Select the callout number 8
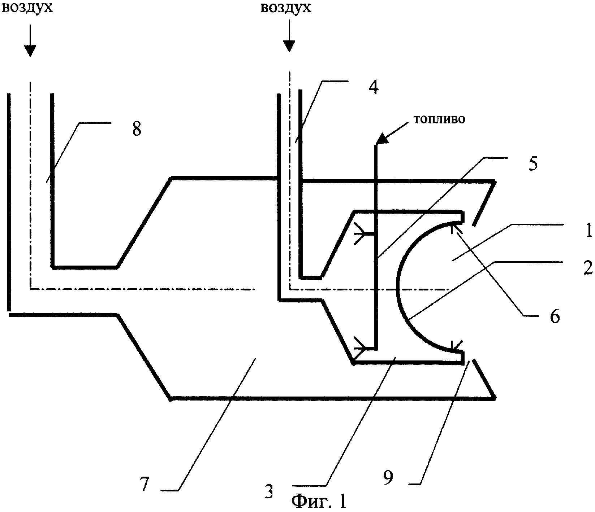click(137, 129)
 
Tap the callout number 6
click(554, 316)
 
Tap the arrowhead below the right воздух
click(289, 46)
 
